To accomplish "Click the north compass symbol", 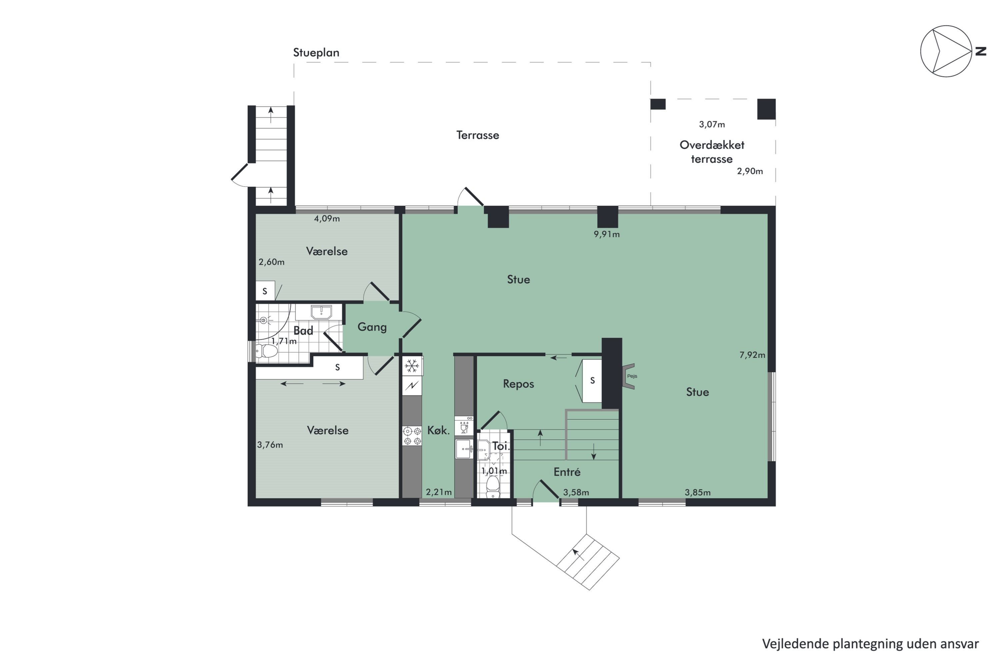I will tap(946, 51).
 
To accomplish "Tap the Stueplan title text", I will tap(316, 53).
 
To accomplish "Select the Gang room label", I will tap(372, 327).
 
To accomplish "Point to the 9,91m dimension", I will tap(606, 234).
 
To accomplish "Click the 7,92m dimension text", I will tap(752, 355).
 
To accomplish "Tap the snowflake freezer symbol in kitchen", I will tap(412, 366).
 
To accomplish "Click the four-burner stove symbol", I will tap(412, 436).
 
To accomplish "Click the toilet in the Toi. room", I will tap(493, 486).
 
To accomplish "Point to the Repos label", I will tap(518, 384).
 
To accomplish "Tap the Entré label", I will tap(567, 472).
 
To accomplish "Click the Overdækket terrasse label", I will tap(712, 152).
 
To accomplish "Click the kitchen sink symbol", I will tap(464, 449).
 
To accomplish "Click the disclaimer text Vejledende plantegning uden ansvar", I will tap(870, 644).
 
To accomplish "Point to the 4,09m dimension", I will tap(327, 219).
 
